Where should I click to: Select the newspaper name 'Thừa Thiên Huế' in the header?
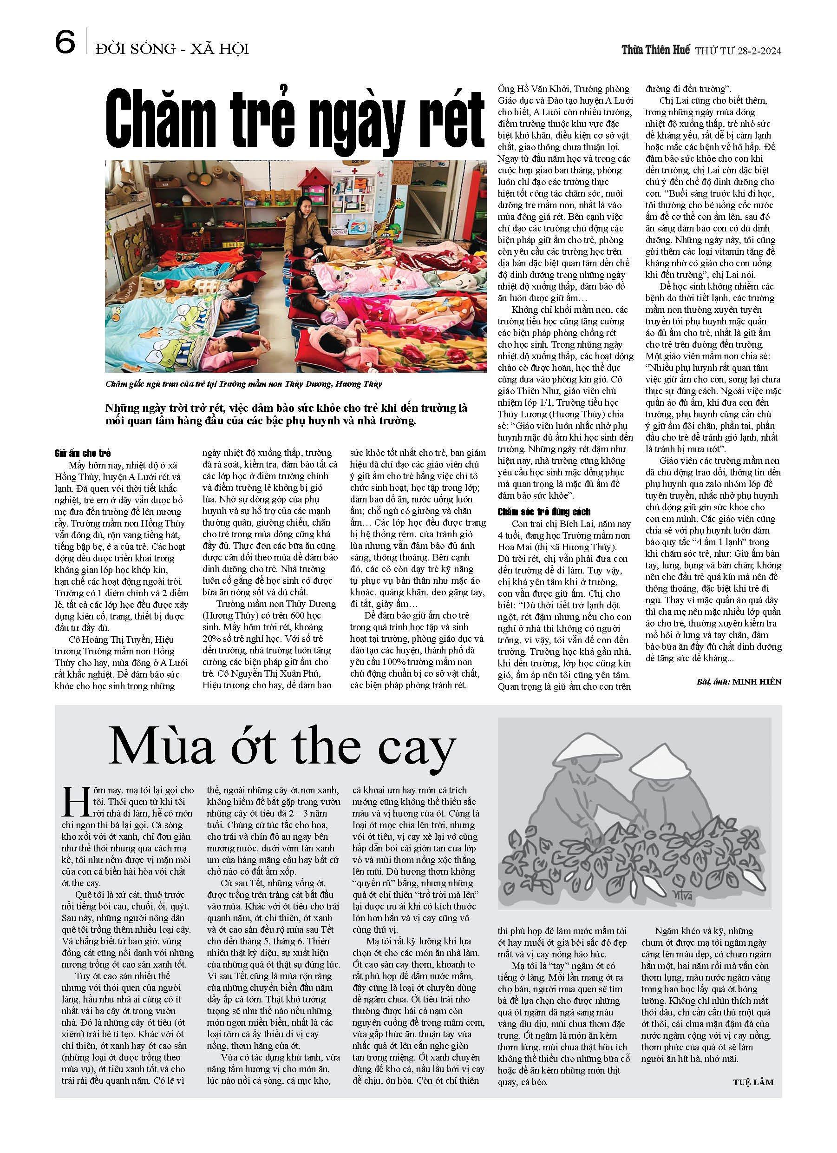[x=655, y=50]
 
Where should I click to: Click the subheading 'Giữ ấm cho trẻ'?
[x=82, y=453]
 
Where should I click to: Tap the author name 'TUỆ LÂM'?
[x=753, y=1082]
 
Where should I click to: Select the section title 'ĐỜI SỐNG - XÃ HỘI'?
[x=172, y=49]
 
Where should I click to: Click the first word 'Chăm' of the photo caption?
[x=117, y=384]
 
